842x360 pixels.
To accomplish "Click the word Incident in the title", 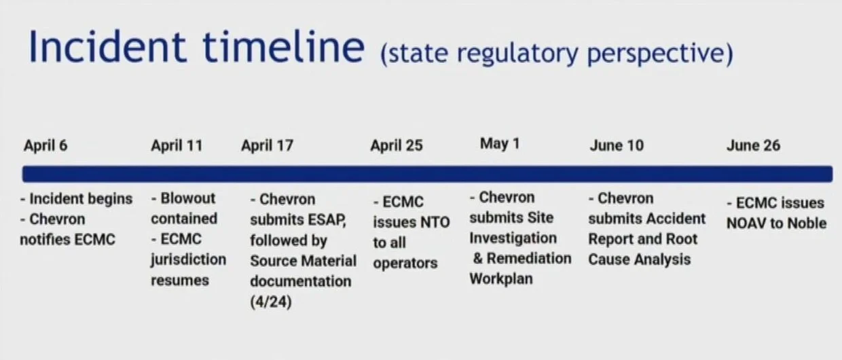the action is [107, 47].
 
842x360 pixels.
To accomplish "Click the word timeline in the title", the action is [283, 47].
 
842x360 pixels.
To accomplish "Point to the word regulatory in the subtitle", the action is [517, 54].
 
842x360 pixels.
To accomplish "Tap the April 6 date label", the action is [45, 145].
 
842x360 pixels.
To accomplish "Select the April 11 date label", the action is [177, 145].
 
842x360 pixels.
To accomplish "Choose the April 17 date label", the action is [268, 145].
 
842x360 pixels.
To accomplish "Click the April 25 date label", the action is [397, 145].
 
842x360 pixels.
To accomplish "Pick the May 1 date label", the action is [500, 143].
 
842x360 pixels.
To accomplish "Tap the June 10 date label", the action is [617, 145].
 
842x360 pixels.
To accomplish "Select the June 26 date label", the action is [753, 145].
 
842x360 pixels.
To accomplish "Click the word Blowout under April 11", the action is [188, 198].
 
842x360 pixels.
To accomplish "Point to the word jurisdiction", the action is [188, 260].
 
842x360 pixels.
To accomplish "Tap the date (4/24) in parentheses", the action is [271, 302].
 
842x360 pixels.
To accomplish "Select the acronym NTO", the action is [435, 222].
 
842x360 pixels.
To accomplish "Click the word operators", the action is [405, 264].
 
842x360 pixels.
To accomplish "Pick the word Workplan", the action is [501, 279].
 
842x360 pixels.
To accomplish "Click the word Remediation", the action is [529, 258].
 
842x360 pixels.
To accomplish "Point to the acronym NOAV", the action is [746, 223].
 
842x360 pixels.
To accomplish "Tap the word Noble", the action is [807, 223].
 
